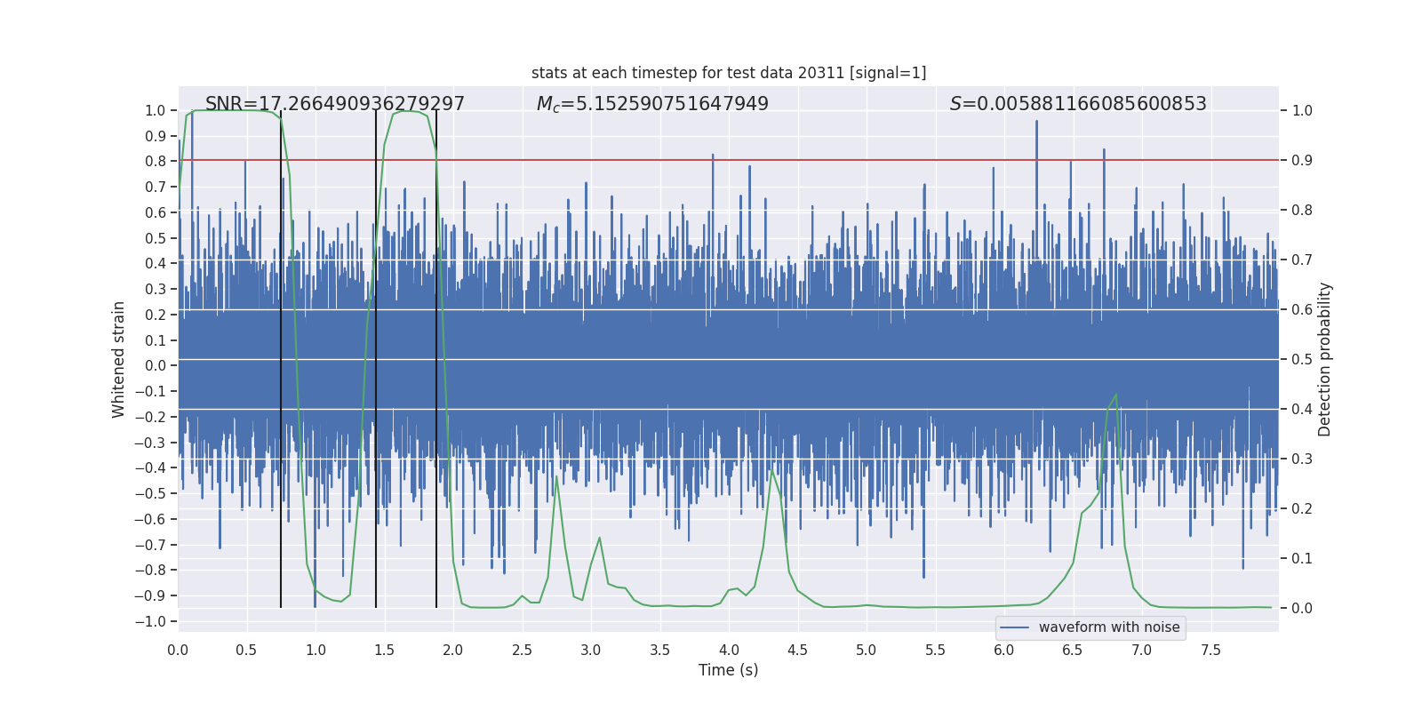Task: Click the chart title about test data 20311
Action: point(729,73)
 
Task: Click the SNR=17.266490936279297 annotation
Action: point(335,104)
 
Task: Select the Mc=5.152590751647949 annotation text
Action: point(652,104)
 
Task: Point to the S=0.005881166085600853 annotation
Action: point(1078,104)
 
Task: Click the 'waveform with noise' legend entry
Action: point(1108,627)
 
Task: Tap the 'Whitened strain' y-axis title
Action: point(119,359)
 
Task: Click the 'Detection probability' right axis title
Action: point(1325,359)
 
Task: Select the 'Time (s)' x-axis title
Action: point(729,670)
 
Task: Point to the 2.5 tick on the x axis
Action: point(522,650)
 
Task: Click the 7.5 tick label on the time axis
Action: point(1210,650)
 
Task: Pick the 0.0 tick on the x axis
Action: point(178,650)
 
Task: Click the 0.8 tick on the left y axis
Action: point(156,161)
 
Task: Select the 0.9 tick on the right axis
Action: point(1302,161)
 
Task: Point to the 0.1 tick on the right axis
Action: point(1302,558)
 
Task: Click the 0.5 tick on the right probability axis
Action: point(1302,359)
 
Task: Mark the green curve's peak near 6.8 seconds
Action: point(1115,395)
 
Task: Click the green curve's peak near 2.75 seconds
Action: point(556,476)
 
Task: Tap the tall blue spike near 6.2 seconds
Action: point(1036,123)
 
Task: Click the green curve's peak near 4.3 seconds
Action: point(772,470)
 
